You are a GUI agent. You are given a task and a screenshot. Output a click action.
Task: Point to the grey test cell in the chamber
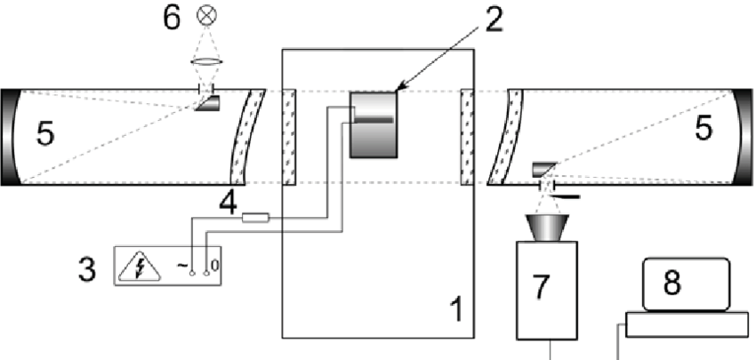(373, 124)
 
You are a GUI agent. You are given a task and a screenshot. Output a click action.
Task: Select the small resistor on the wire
(255, 217)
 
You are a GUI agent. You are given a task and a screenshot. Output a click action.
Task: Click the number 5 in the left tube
(45, 135)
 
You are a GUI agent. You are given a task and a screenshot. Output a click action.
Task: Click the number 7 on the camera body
(543, 286)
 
